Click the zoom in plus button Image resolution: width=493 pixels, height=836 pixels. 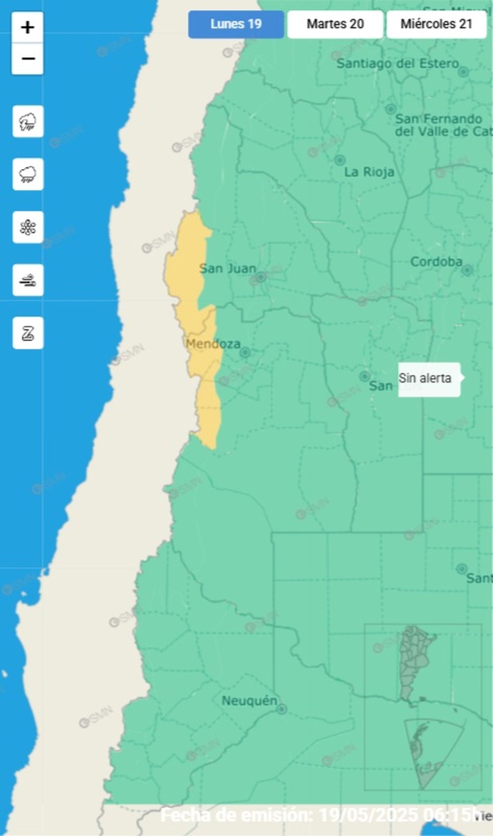[28, 28]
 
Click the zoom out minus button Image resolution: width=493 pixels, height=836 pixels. [28, 59]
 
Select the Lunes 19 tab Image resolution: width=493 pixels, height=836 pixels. [236, 24]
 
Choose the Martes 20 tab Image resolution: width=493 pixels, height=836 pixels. [335, 24]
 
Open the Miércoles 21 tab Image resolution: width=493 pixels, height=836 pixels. [436, 24]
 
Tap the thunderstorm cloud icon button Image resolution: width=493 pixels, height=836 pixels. [28, 122]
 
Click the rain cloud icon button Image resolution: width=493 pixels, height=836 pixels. [28, 174]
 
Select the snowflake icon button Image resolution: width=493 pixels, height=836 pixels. [28, 227]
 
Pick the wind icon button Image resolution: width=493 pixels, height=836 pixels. [28, 280]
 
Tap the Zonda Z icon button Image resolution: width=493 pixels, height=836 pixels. [28, 333]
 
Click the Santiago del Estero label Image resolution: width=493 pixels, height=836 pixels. [397, 64]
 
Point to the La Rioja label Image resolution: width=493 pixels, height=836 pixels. [369, 172]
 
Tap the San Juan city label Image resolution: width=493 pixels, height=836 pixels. [228, 269]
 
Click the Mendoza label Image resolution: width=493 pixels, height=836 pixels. [213, 344]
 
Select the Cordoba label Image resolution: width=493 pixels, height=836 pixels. [436, 261]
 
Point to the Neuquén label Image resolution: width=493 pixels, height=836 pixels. [249, 701]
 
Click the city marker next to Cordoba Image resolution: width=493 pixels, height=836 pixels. [467, 270]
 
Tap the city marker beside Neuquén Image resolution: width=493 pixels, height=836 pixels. [282, 709]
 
